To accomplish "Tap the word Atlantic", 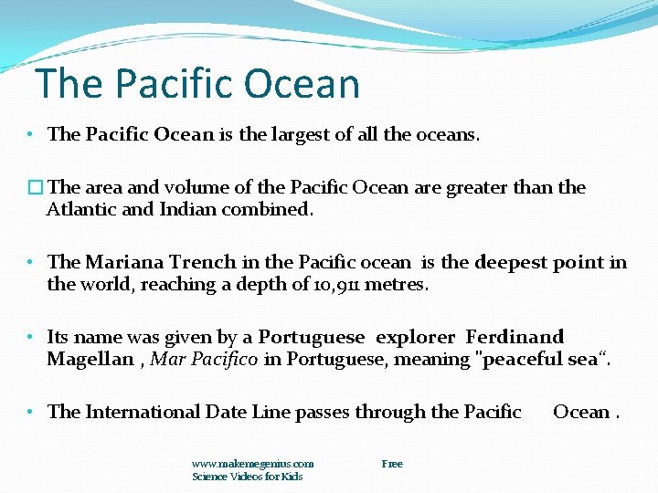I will pyautogui.click(x=82, y=209).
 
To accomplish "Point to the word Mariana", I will pyautogui.click(x=124, y=263).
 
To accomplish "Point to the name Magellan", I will pyautogui.click(x=90, y=359).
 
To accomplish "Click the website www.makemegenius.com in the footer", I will pyautogui.click(x=252, y=464).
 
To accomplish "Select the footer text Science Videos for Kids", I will pyautogui.click(x=247, y=477).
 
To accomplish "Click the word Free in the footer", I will pyautogui.click(x=392, y=464).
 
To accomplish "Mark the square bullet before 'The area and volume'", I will pyautogui.click(x=35, y=188).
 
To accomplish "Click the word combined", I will pyautogui.click(x=271, y=209).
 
